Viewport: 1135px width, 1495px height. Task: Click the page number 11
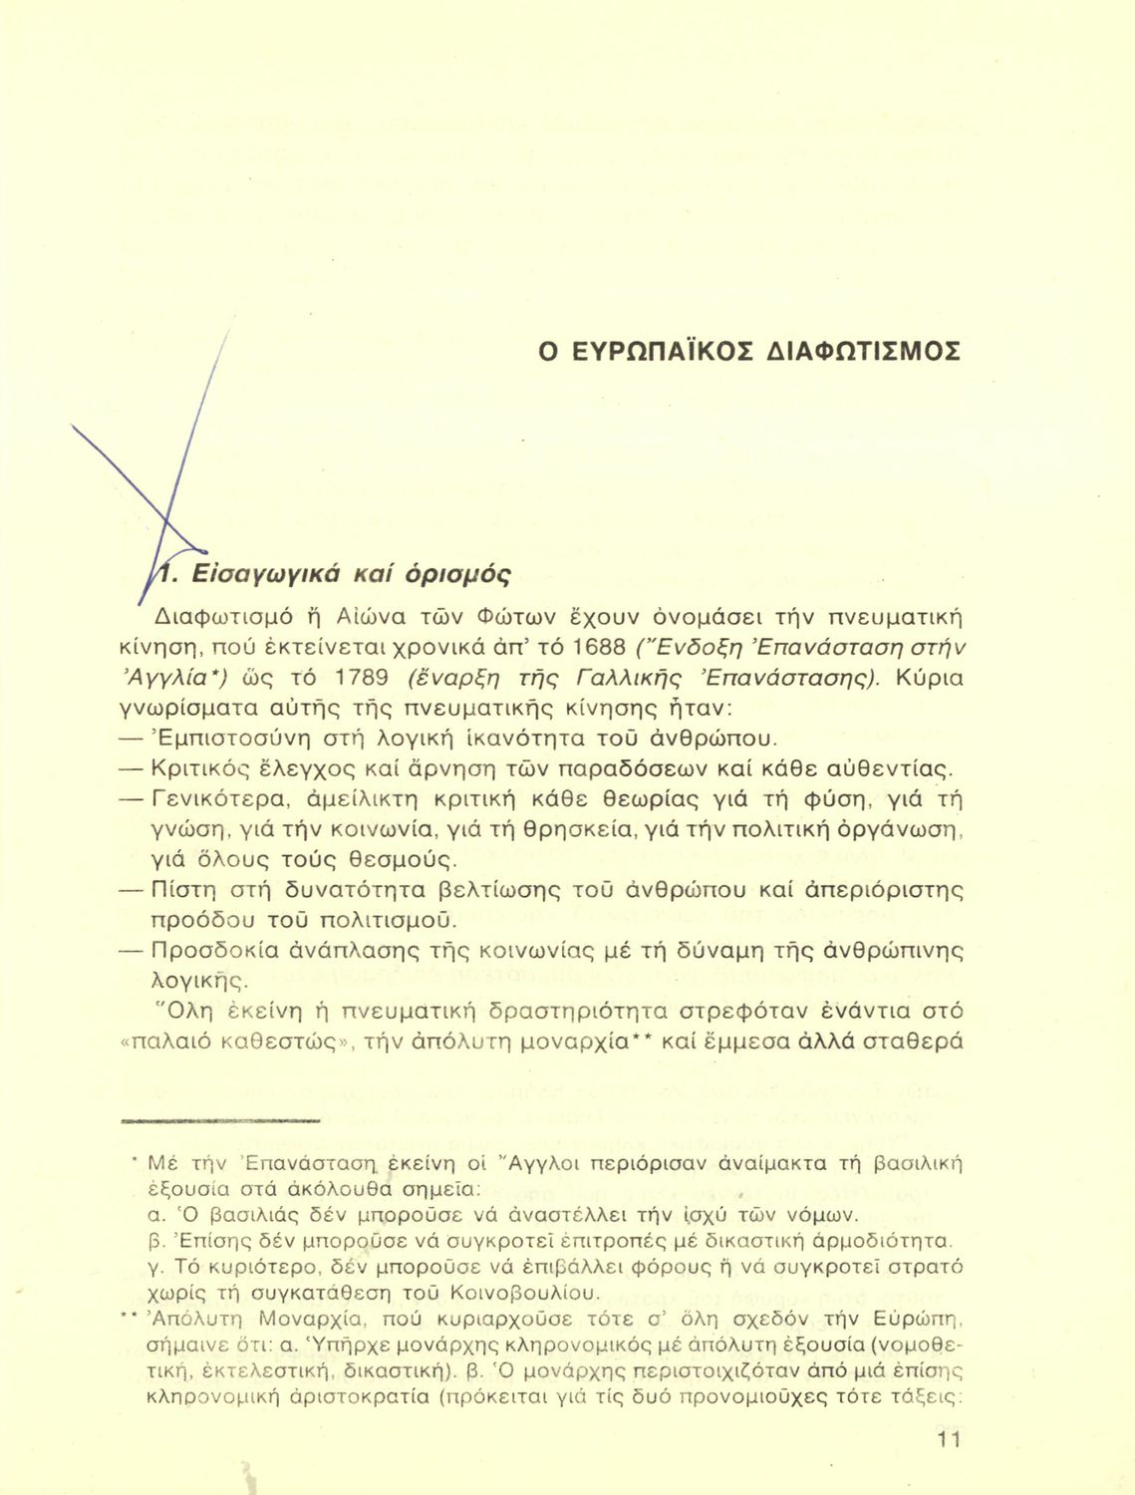coord(949,1439)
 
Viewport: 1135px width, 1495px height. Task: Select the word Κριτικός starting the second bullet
coord(210,768)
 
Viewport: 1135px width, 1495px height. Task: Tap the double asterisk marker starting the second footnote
coord(127,1318)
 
